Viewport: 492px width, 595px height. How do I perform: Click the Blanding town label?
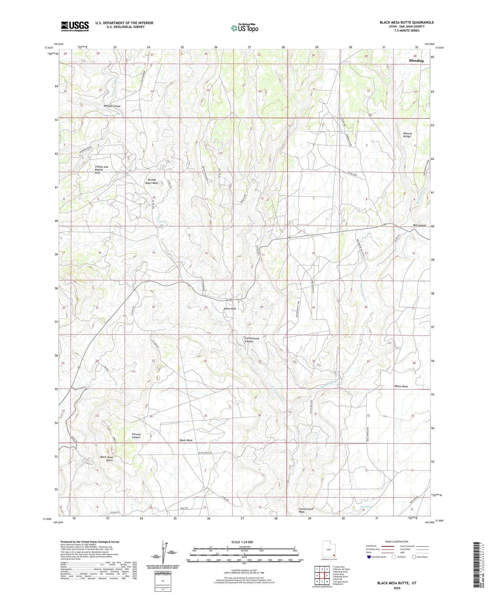click(x=416, y=61)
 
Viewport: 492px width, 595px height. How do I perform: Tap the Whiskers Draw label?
click(x=112, y=106)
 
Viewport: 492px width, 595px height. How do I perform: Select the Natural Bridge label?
click(x=407, y=135)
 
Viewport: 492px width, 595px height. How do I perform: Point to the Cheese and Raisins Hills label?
click(x=101, y=170)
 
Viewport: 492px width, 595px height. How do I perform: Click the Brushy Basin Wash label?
click(x=152, y=181)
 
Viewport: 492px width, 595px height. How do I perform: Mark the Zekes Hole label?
click(x=230, y=309)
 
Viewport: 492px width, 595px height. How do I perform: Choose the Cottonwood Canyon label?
click(x=252, y=340)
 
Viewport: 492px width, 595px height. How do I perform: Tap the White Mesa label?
click(x=401, y=387)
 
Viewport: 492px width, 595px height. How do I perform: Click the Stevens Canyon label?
click(x=136, y=436)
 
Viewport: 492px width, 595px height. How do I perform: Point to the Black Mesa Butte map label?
click(x=107, y=459)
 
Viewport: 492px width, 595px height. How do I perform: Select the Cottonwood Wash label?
click(x=306, y=511)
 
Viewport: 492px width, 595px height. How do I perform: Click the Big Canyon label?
click(x=419, y=225)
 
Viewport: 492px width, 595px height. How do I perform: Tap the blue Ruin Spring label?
click(x=367, y=507)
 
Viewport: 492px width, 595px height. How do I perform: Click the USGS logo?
click(x=75, y=26)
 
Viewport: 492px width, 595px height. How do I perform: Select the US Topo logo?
click(x=244, y=28)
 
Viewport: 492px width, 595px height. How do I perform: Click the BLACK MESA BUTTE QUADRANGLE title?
click(x=406, y=22)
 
